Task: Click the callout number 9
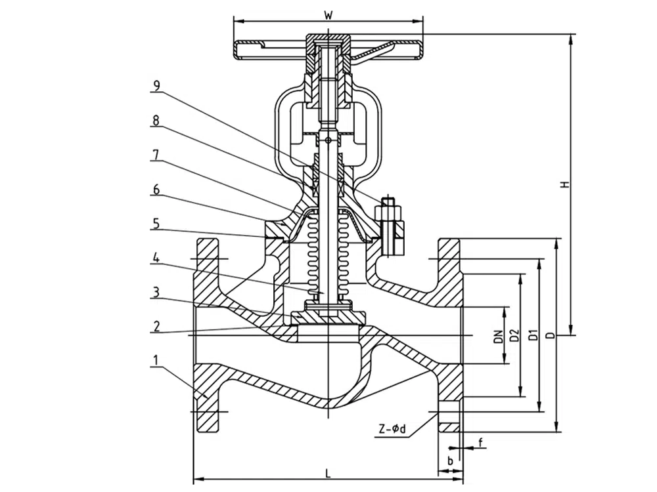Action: point(156,86)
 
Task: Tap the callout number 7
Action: point(156,154)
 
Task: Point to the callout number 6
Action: point(156,189)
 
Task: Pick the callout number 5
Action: point(156,223)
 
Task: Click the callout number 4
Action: point(156,258)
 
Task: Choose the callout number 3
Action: point(156,292)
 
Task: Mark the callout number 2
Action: point(156,326)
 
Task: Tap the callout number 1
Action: point(156,360)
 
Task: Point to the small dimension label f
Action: point(480,443)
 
